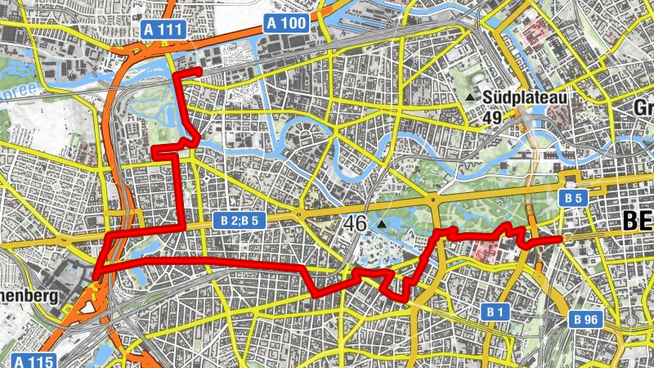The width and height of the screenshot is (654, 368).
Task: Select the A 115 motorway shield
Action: click(34, 361)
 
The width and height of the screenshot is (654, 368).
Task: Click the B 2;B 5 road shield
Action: click(240, 220)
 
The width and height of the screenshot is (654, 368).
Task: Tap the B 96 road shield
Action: click(585, 318)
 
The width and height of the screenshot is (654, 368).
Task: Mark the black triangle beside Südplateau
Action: click(470, 98)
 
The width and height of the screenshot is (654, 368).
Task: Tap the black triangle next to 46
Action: click(382, 223)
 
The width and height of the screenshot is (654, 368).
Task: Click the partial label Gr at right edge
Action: click(643, 108)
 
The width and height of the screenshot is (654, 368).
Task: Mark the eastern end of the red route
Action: click(562, 238)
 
